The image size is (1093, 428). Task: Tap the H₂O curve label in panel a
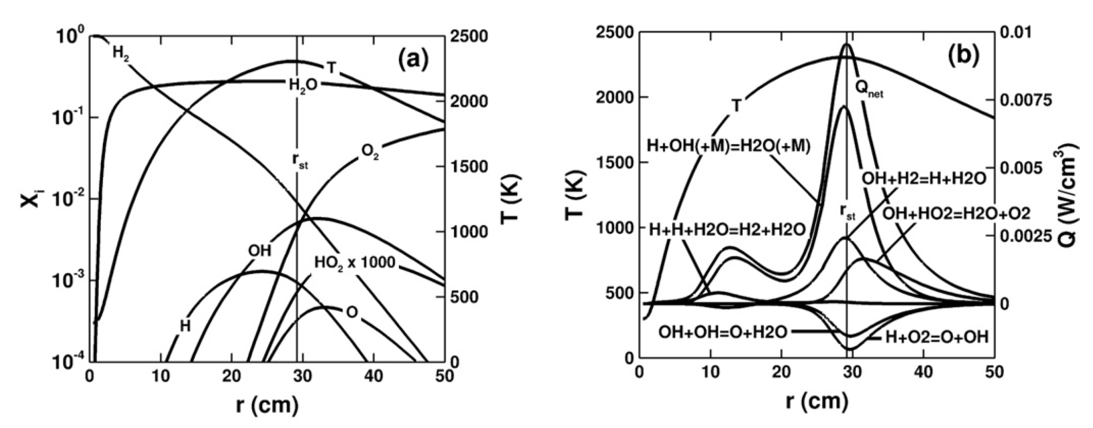303,85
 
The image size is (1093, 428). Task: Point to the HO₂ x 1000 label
355,263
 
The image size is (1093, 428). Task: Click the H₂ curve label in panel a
121,53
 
